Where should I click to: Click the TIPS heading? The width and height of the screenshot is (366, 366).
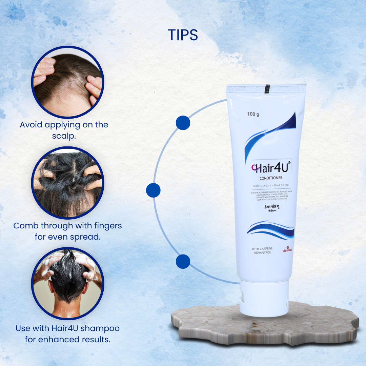point(183,35)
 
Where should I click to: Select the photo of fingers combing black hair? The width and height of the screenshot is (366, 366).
point(68,183)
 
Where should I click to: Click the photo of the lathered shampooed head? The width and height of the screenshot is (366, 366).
point(68,283)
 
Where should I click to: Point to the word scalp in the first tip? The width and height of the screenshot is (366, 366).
point(64,136)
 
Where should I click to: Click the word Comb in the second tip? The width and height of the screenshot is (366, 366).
point(25,225)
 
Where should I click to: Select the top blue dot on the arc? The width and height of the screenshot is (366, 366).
point(183,123)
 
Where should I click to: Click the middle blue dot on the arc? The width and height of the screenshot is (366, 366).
point(153,190)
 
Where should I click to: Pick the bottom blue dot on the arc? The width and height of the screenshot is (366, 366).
point(183,262)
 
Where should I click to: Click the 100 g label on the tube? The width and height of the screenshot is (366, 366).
point(253,114)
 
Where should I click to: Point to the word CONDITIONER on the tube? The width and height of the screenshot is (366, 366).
point(271,178)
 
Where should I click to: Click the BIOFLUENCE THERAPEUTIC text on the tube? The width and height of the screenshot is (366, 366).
point(271,186)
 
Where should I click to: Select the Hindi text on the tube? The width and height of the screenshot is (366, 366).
point(271,207)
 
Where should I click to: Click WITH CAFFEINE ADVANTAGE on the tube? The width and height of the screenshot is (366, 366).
point(262,250)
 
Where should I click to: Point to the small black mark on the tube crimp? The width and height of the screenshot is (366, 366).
point(267,88)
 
